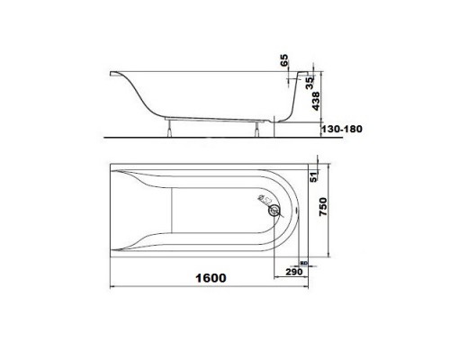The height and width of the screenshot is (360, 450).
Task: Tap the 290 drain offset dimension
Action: click(291, 270)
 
